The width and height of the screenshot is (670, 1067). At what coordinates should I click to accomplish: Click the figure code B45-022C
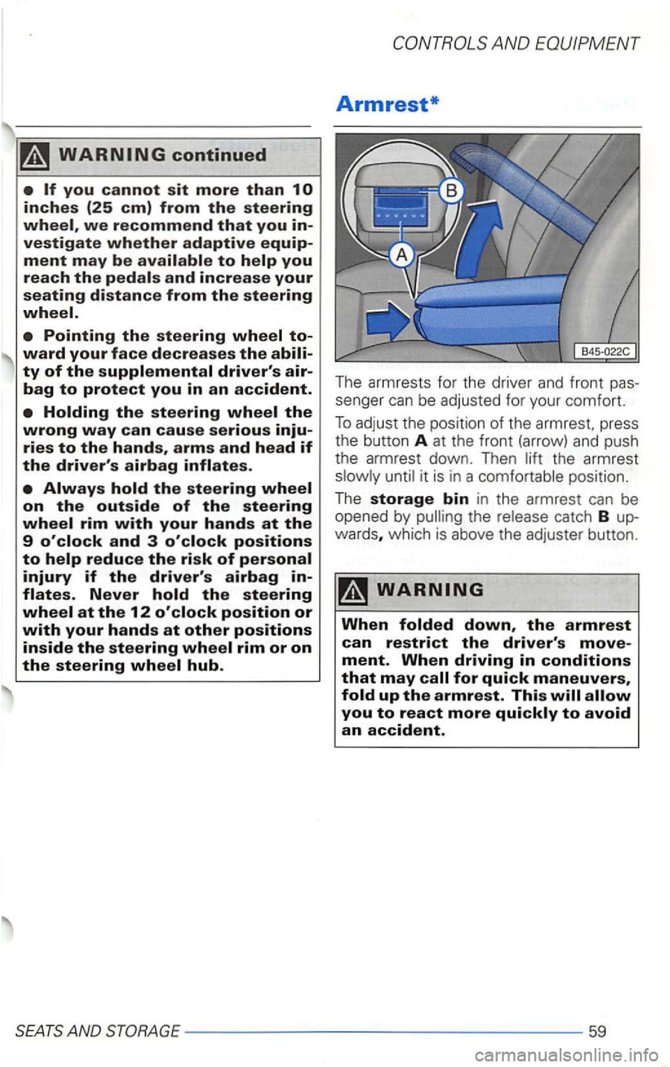[603, 351]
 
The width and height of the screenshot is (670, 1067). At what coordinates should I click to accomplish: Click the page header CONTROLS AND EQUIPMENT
[516, 43]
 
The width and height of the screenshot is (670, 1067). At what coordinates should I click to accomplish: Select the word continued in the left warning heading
[220, 155]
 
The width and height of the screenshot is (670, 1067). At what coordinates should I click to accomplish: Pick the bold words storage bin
[419, 499]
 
